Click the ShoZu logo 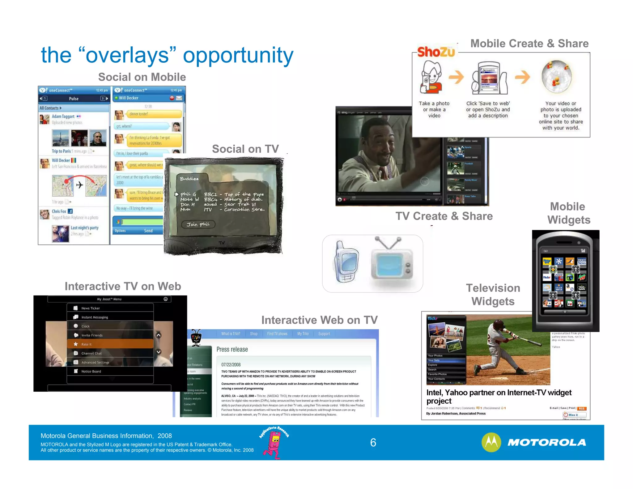[436, 52]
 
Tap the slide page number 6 [373, 443]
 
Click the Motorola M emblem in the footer [491, 442]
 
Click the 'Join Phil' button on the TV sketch [198, 224]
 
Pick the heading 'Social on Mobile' [142, 77]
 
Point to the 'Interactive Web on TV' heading [319, 320]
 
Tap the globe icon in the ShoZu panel [557, 77]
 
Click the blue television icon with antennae [391, 263]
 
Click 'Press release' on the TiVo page [232, 349]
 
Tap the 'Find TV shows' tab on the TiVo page [277, 334]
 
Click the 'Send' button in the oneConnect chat [148, 231]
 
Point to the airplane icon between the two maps [79, 185]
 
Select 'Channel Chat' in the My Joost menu [91, 353]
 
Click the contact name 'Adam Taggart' [63, 117]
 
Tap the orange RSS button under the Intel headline [581, 408]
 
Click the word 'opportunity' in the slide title [238, 55]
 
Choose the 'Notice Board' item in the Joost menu [91, 371]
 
